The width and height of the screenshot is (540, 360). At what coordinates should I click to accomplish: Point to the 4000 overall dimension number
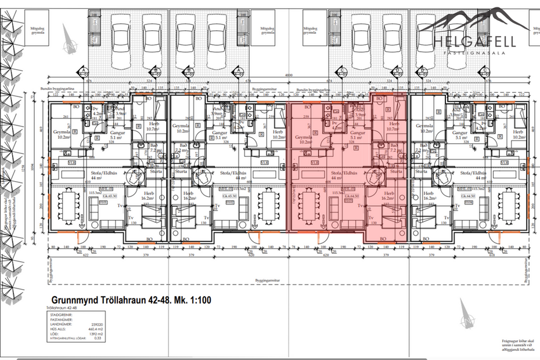click(288, 75)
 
